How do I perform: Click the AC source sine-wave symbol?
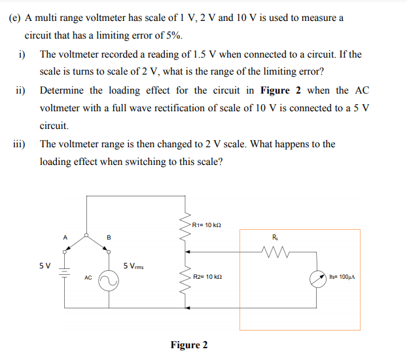(109, 281)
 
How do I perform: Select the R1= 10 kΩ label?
(207, 225)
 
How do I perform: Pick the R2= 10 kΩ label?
(208, 278)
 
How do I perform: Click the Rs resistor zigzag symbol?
(274, 249)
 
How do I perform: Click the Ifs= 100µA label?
(342, 278)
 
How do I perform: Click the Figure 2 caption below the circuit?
(189, 345)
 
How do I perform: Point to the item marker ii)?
(19, 90)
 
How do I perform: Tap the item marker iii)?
(19, 144)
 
